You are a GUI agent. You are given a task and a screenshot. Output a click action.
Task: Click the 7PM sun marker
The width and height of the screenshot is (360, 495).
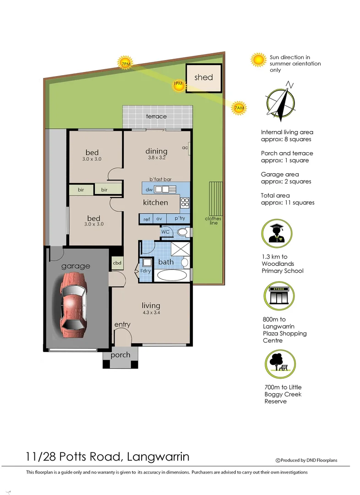125,64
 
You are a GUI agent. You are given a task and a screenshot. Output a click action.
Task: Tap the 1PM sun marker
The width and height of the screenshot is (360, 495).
178,85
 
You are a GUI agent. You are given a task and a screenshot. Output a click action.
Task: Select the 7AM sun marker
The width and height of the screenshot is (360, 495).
239,108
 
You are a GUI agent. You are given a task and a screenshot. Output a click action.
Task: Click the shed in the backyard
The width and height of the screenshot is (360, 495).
203,78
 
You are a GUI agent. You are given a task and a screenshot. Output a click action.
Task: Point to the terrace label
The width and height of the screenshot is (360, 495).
156,116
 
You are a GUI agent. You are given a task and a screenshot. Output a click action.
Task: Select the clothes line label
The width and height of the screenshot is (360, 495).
213,221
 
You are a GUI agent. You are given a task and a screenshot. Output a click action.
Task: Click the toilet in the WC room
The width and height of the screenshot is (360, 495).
182,232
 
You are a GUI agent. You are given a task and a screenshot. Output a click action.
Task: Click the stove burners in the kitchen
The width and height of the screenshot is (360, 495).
185,202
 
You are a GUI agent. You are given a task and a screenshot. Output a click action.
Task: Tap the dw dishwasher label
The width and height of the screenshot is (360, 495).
149,189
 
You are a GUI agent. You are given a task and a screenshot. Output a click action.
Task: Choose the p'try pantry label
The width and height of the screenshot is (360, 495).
179,219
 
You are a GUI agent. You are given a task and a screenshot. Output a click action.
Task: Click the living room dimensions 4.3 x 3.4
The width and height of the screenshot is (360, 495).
151,313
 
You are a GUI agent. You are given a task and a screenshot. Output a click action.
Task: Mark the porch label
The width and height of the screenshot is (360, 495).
120,355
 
